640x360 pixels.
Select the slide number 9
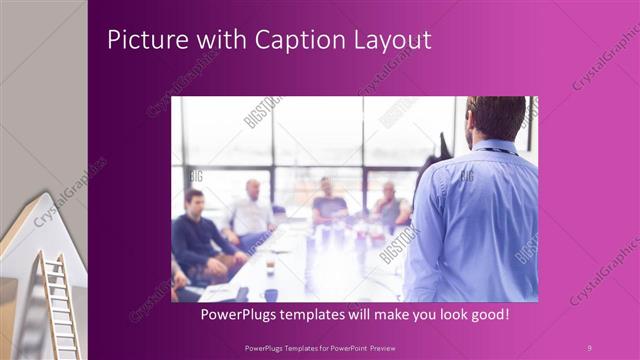(x=589, y=347)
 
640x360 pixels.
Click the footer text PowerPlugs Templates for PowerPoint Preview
(x=322, y=347)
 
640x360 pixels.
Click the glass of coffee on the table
(x=270, y=262)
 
